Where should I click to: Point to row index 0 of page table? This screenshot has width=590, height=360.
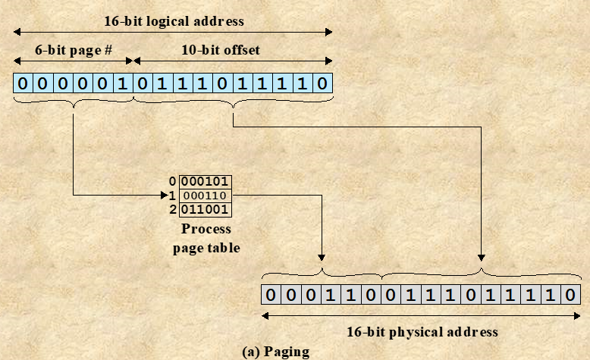pyautogui.click(x=172, y=182)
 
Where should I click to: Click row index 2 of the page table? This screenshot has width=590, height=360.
pyautogui.click(x=172, y=209)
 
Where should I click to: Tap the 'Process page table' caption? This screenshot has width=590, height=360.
pyautogui.click(x=206, y=237)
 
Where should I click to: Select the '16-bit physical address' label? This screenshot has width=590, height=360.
pyautogui.click(x=422, y=332)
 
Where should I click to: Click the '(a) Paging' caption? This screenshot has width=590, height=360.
pyautogui.click(x=276, y=352)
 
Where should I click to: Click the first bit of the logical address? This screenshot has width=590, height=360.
pyautogui.click(x=23, y=83)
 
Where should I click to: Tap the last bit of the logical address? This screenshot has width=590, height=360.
pyautogui.click(x=323, y=83)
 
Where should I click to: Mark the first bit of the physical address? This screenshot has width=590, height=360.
pyautogui.click(x=270, y=294)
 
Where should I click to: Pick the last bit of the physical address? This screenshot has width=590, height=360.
pyautogui.click(x=572, y=294)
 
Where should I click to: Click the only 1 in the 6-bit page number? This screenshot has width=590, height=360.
pyautogui.click(x=123, y=83)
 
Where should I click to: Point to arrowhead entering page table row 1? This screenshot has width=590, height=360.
pyautogui.click(x=174, y=196)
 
